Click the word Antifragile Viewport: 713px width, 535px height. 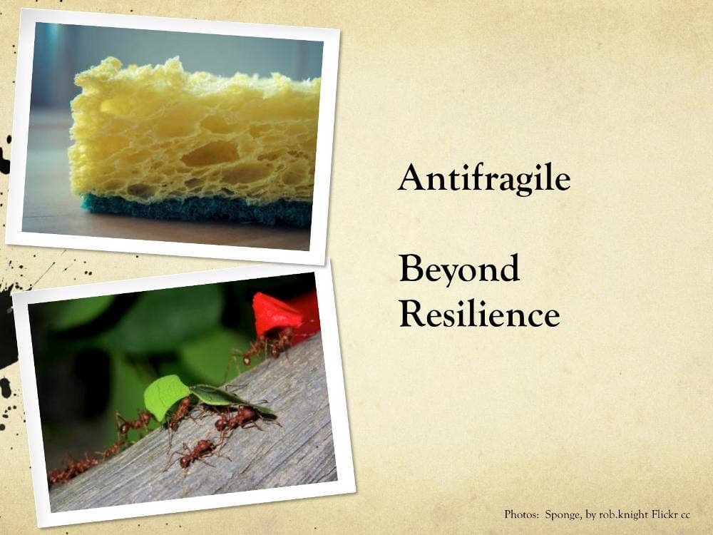[x=484, y=178]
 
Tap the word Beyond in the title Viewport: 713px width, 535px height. [x=458, y=270]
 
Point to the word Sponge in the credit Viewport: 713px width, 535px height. [x=563, y=514]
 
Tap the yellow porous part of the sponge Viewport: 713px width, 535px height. [x=193, y=136]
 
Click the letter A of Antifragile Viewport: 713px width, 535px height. [x=411, y=178]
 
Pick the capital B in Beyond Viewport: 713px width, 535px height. [x=411, y=270]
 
